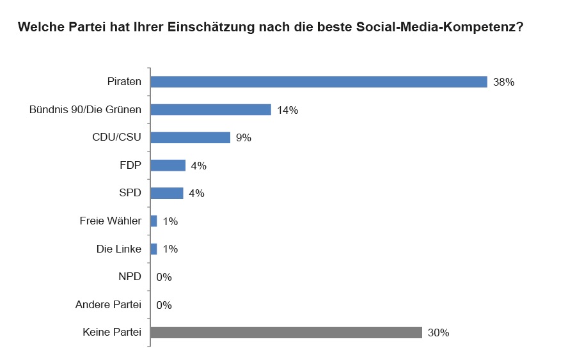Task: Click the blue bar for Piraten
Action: click(319, 82)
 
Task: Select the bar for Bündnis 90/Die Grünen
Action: click(210, 109)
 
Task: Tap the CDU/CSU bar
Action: click(190, 137)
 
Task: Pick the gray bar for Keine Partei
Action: click(286, 333)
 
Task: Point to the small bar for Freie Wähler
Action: click(154, 221)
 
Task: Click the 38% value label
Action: click(504, 82)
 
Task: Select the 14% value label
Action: click(288, 110)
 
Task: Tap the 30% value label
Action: click(439, 333)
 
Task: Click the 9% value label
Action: click(244, 138)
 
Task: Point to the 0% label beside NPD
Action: click(164, 278)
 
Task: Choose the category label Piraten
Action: click(124, 82)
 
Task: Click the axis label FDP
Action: click(130, 165)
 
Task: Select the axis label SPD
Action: click(130, 193)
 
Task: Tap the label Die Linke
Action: click(118, 249)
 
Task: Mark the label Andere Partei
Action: click(108, 304)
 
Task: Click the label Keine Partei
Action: click(112, 333)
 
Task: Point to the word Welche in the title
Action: click(40, 28)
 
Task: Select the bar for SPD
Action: click(167, 193)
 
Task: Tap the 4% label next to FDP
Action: click(198, 166)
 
